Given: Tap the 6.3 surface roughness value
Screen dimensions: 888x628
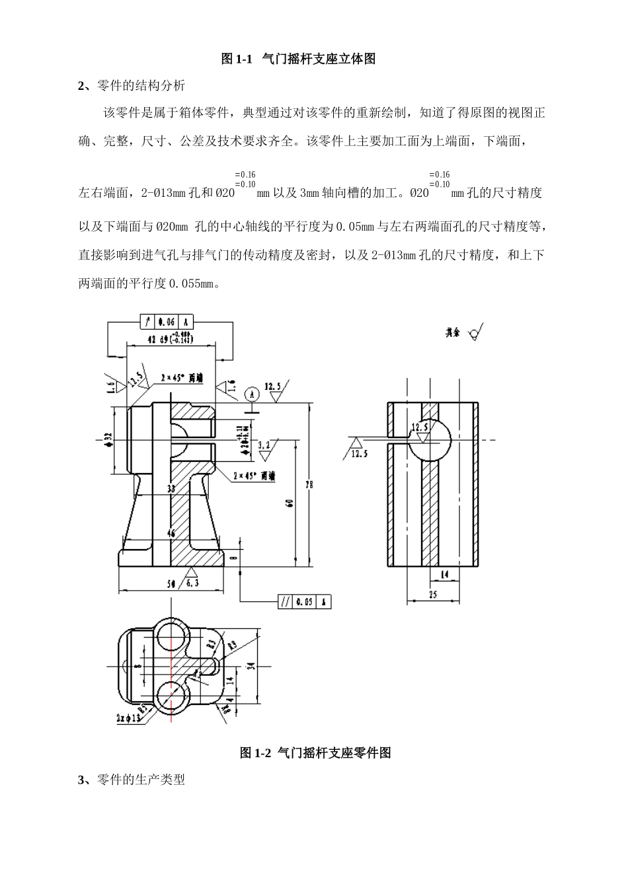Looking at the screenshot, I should [192, 583].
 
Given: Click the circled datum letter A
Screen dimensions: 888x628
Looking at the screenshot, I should [251, 394].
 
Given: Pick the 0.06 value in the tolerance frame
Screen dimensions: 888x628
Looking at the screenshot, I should [166, 322].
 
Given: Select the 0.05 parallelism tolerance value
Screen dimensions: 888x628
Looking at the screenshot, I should [305, 602].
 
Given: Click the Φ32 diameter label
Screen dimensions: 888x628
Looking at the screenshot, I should [108, 440].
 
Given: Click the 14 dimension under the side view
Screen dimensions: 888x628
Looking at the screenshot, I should [445, 575].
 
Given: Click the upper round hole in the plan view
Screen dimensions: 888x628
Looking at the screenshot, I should [171, 636].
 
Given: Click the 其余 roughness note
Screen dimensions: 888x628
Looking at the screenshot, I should [453, 334].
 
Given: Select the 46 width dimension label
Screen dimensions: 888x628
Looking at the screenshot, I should [171, 533].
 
